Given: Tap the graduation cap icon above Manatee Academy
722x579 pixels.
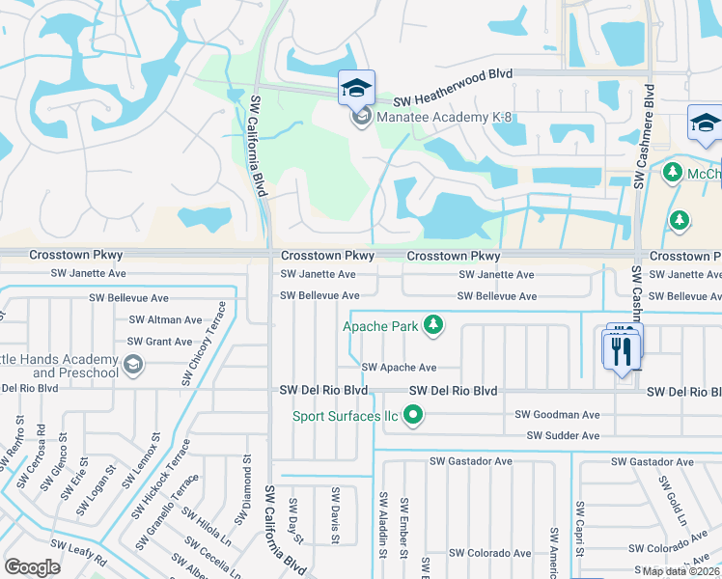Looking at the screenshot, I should tap(356, 89).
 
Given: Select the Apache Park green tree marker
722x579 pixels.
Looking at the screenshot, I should tap(434, 325).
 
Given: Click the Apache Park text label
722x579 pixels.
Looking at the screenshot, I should tap(381, 326).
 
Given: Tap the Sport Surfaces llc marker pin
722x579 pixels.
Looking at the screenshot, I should tap(414, 417).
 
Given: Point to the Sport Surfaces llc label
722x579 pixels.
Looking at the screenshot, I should tap(346, 417).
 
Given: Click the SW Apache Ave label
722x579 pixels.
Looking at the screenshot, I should tap(399, 368).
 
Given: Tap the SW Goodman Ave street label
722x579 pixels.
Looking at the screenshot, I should tap(557, 414).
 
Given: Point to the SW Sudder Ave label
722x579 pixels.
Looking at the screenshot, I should tap(563, 436).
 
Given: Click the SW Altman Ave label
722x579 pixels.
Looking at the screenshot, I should tap(165, 319).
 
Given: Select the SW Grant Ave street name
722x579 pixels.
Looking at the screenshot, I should tap(160, 342).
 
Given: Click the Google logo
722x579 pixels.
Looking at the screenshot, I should tap(32, 567).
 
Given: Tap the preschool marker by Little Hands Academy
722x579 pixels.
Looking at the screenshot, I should tap(133, 365).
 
